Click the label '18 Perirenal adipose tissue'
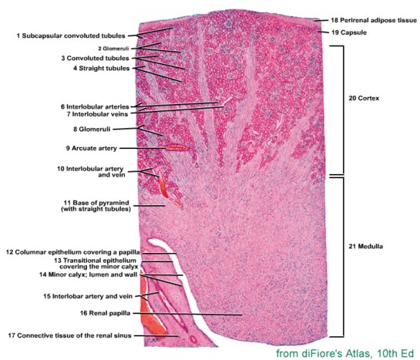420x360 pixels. [374, 20]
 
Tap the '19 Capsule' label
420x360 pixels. [349, 32]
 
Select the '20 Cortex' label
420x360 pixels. [364, 99]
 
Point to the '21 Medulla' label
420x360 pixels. [365, 247]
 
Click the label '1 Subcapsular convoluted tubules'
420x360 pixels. [71, 36]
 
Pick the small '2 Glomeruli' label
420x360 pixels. [113, 49]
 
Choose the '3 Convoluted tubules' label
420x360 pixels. [95, 58]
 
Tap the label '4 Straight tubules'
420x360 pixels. [102, 69]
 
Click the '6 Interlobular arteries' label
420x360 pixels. [95, 106]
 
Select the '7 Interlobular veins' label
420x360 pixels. [97, 114]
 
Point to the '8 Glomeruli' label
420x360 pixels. [92, 129]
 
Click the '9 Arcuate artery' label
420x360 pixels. [92, 148]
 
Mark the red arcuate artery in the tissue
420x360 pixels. [176, 147]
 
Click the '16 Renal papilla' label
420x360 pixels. [106, 313]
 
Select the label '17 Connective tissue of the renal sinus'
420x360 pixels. [69, 335]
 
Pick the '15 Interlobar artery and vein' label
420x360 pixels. [88, 296]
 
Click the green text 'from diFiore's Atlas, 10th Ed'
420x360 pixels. [345, 353]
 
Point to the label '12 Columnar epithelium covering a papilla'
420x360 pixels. [73, 252]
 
